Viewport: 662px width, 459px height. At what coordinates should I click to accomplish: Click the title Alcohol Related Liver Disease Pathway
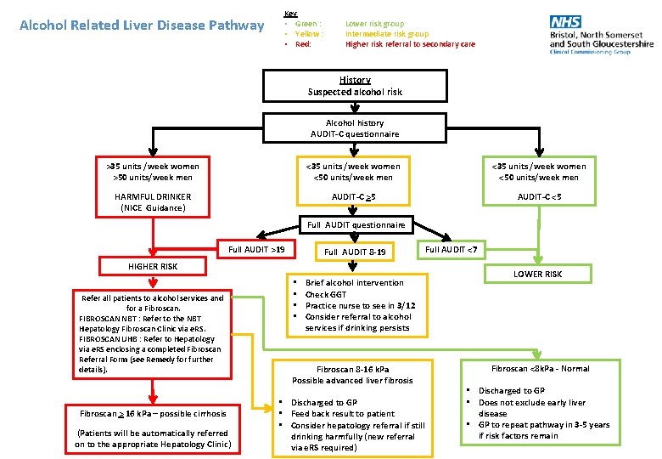coord(142,25)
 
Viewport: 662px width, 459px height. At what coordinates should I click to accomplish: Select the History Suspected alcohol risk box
coord(355,86)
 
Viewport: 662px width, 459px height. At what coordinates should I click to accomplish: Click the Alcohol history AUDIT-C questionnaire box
coord(355,128)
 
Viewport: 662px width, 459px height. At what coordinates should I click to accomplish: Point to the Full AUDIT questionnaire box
coord(356,224)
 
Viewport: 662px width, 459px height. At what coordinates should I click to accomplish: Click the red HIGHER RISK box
coord(153,266)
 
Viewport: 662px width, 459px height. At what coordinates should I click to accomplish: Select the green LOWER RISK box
coord(537,274)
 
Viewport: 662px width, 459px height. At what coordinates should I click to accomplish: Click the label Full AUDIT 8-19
coord(355,252)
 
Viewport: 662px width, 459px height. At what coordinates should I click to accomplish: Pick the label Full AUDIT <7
coord(456,249)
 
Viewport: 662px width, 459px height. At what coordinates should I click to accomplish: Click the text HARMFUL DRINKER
coord(153,196)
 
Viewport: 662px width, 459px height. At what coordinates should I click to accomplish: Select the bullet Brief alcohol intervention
coord(354,282)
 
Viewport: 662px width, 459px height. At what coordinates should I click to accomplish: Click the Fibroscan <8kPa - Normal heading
coord(540,368)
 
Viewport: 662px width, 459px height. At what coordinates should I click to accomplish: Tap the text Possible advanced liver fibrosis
coord(352,381)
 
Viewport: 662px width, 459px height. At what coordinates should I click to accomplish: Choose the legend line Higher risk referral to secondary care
coord(410,44)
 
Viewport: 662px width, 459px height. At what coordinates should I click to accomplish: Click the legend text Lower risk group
coord(374,24)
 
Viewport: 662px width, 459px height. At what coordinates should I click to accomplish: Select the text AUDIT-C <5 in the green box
coord(540,196)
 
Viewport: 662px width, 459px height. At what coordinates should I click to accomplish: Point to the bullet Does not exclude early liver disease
coord(531,408)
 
